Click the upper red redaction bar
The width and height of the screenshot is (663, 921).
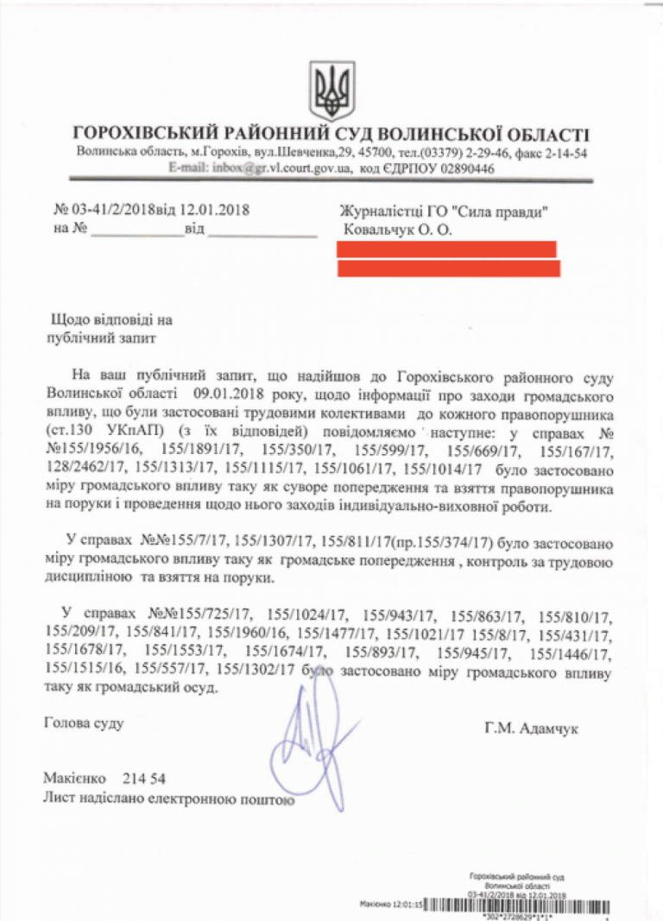(446, 249)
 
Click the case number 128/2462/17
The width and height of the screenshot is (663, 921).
(85, 470)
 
